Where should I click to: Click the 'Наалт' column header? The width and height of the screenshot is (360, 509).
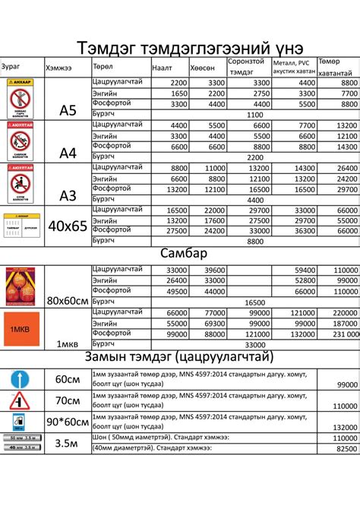click(x=163, y=68)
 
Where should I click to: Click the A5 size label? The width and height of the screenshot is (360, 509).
click(x=68, y=111)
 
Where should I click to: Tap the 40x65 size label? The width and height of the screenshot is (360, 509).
click(x=68, y=226)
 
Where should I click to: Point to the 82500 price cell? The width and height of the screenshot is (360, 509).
click(x=345, y=449)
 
